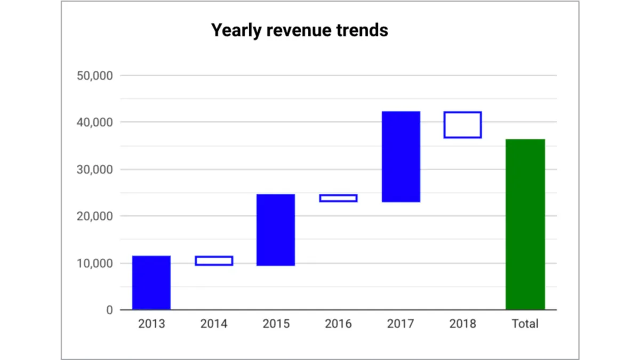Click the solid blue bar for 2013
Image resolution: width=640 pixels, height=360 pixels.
point(151,283)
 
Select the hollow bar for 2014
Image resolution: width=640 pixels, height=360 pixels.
point(214,261)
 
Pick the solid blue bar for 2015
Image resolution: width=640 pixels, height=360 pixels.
point(276,230)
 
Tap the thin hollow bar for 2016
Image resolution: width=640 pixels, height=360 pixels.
point(338,198)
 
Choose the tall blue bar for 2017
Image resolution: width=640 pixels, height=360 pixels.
point(401,157)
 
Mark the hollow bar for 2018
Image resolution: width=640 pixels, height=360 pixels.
point(463,125)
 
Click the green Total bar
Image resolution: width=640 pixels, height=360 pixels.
point(525,224)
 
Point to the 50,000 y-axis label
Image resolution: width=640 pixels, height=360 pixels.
point(94,76)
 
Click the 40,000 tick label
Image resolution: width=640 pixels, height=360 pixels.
point(94,123)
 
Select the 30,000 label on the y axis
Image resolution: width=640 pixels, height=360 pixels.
point(94,170)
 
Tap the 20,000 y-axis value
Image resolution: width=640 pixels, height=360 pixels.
point(94,217)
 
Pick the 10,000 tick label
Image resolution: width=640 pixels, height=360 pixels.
point(94,263)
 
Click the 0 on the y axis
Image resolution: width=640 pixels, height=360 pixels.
point(109,310)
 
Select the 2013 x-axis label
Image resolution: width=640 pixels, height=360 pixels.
point(151,324)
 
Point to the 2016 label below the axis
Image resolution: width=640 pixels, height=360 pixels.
point(338,324)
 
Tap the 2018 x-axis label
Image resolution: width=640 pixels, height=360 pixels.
point(463,324)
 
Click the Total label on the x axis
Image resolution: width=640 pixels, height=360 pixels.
point(525,324)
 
